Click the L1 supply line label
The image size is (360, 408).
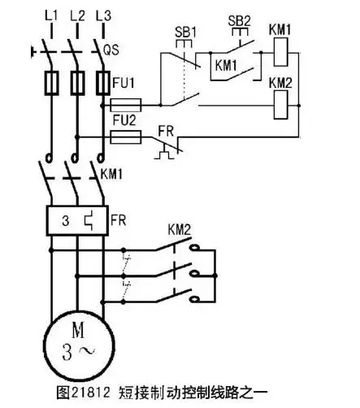(x=51, y=15)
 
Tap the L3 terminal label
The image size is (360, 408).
(x=103, y=15)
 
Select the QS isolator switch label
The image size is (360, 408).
(x=111, y=50)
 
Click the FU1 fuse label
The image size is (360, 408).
(x=124, y=83)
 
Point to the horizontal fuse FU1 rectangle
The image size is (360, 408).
(x=126, y=105)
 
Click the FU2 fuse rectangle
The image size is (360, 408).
(x=126, y=137)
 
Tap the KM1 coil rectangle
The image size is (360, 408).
(x=280, y=52)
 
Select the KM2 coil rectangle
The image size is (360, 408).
(x=280, y=105)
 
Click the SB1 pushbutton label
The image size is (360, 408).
(x=185, y=33)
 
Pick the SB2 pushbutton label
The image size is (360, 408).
(x=240, y=21)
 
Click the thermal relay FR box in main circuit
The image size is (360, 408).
(x=77, y=220)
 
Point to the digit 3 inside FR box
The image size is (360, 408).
(x=66, y=221)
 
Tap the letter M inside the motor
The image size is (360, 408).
(x=78, y=330)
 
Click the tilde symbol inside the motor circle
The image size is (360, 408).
(x=86, y=351)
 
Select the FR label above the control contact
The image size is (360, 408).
(x=166, y=132)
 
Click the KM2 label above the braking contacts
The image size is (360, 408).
(x=180, y=230)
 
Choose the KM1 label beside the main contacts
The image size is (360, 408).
(x=111, y=174)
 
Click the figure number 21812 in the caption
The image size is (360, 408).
(x=91, y=392)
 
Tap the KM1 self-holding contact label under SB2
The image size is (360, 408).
(x=226, y=66)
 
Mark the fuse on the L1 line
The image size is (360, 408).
(x=51, y=83)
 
